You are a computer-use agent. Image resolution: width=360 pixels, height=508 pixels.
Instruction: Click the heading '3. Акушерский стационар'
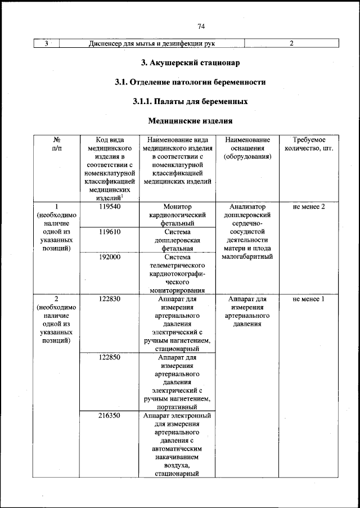click(x=190, y=62)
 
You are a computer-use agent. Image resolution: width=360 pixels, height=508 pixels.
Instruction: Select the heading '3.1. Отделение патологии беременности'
click(x=190, y=82)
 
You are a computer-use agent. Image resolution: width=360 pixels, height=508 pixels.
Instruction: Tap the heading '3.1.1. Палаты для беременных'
click(x=190, y=102)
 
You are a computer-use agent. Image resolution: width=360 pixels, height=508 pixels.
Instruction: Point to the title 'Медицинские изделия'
click(x=190, y=121)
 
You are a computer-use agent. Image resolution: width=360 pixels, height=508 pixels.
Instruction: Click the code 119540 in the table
click(x=109, y=207)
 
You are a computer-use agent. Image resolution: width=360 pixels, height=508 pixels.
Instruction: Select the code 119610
click(x=109, y=232)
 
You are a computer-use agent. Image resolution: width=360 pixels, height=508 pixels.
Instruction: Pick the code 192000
click(x=109, y=257)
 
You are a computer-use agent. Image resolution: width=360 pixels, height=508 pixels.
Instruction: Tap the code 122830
click(x=109, y=299)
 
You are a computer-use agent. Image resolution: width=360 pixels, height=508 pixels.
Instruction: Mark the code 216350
click(x=109, y=415)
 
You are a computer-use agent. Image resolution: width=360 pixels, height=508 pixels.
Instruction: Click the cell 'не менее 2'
click(x=309, y=207)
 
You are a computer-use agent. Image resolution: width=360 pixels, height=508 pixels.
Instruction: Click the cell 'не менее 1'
click(x=309, y=299)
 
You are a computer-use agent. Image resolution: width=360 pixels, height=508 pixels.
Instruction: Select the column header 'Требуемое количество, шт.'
click(x=309, y=144)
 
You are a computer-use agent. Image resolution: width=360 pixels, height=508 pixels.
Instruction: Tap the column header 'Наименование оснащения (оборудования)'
click(x=247, y=148)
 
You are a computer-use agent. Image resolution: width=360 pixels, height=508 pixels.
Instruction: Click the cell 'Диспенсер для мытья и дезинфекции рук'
click(x=152, y=43)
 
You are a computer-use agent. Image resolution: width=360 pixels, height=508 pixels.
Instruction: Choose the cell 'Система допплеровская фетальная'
click(x=178, y=240)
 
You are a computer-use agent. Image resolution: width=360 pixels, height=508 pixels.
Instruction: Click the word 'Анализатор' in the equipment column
click(x=247, y=207)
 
